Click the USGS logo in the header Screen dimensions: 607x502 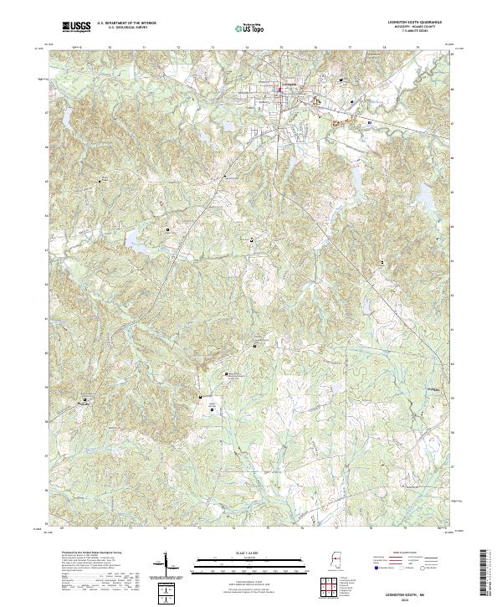pos(76,27)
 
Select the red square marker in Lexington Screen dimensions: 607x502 pos(280,90)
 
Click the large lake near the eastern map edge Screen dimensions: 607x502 pos(424,198)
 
